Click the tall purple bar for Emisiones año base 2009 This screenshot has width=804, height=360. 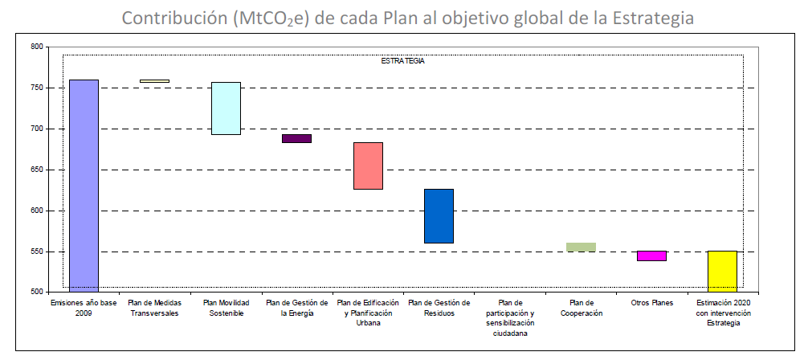pyautogui.click(x=84, y=185)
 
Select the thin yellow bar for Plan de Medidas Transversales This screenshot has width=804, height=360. pyautogui.click(x=154, y=81)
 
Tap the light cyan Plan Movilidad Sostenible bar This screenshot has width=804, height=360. pyautogui.click(x=226, y=108)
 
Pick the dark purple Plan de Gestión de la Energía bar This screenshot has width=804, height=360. pyautogui.click(x=296, y=138)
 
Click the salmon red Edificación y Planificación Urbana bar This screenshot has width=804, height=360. pyautogui.click(x=368, y=166)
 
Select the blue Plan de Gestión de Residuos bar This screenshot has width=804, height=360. pyautogui.click(x=439, y=215)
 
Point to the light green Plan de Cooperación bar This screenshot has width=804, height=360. pyautogui.click(x=581, y=247)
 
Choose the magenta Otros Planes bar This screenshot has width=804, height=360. pyautogui.click(x=651, y=256)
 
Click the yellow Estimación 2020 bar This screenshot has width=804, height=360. pyautogui.click(x=722, y=271)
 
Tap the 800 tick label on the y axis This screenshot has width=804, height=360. pyautogui.click(x=36, y=47)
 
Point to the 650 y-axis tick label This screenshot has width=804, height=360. pyautogui.click(x=36, y=170)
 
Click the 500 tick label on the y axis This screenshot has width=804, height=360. pyautogui.click(x=36, y=292)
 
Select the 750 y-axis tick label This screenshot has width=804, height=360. pyautogui.click(x=36, y=88)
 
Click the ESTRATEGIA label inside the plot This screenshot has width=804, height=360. pyautogui.click(x=402, y=61)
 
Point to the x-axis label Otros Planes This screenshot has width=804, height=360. pyautogui.click(x=651, y=302)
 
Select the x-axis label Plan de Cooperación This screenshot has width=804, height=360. pyautogui.click(x=581, y=308)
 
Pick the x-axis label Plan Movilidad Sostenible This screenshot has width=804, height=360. pyautogui.click(x=226, y=308)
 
